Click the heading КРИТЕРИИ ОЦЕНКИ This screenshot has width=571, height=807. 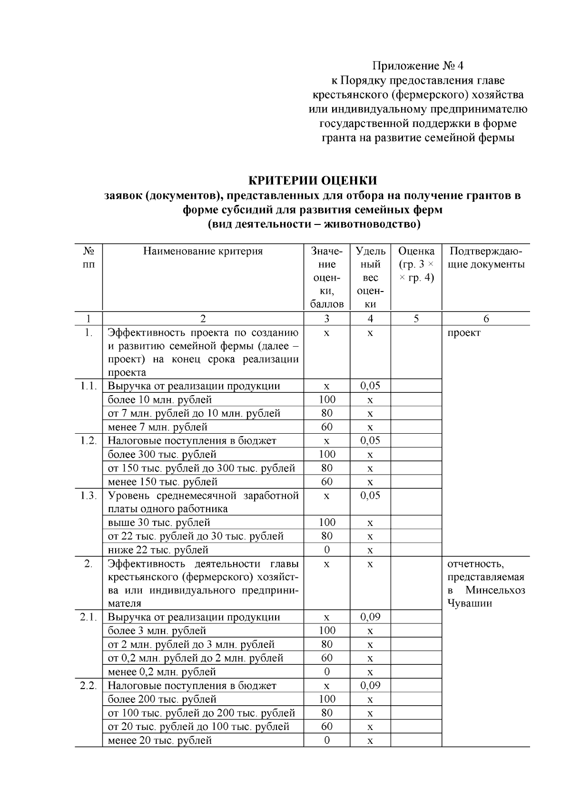313,181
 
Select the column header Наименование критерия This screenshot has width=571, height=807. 203,251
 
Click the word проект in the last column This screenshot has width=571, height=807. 463,333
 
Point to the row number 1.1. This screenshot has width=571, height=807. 89,386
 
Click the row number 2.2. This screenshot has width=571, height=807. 89,686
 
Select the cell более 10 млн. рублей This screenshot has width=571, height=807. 159,399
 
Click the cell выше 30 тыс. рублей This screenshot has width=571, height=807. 159,523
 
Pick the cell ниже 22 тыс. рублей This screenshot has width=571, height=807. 158,550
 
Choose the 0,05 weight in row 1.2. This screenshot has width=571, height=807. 370,440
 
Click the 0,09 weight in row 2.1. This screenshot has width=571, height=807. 370,617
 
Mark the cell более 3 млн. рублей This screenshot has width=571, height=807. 157,631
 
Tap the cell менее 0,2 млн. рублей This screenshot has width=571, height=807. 162,672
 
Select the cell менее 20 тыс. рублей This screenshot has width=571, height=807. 159,740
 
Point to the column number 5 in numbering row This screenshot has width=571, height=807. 416,319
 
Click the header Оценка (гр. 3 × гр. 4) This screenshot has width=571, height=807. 416,264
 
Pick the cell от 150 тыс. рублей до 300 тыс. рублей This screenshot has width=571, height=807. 201,468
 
